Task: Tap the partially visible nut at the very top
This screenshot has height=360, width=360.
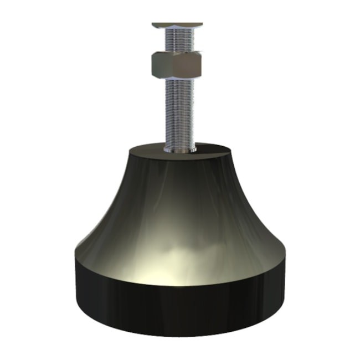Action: pos(177,25)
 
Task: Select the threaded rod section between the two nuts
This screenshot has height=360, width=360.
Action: pos(178,40)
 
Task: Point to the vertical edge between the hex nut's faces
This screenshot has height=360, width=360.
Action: pos(169,65)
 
